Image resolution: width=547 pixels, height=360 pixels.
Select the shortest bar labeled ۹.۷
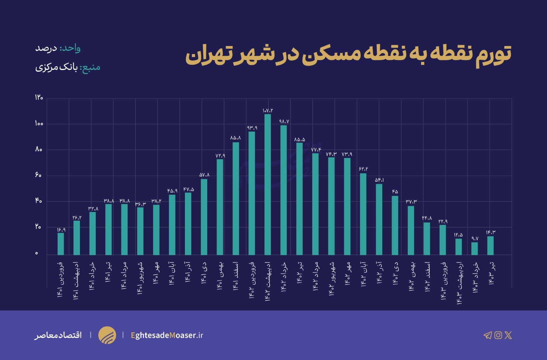click(x=474, y=248)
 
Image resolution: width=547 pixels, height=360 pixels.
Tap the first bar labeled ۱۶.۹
click(x=61, y=244)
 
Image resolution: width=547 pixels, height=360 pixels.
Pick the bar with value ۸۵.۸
click(x=236, y=198)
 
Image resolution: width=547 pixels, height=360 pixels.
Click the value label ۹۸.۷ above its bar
click(x=284, y=122)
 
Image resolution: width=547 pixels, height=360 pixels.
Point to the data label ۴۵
click(x=395, y=192)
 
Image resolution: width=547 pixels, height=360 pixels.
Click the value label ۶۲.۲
click(x=363, y=169)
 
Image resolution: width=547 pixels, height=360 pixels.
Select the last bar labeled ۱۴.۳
click(x=490, y=245)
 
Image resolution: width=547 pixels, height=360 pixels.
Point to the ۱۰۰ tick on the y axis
click(x=39, y=124)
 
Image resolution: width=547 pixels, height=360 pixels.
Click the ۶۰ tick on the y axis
click(x=38, y=175)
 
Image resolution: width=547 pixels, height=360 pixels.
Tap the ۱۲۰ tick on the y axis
click(x=39, y=98)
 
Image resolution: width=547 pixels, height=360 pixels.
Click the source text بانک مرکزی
click(x=56, y=68)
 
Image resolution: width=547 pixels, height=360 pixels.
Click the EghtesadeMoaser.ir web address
click(x=167, y=335)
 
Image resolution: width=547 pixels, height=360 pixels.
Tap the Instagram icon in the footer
click(x=498, y=335)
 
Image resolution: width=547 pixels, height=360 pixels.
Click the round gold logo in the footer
click(x=107, y=335)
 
